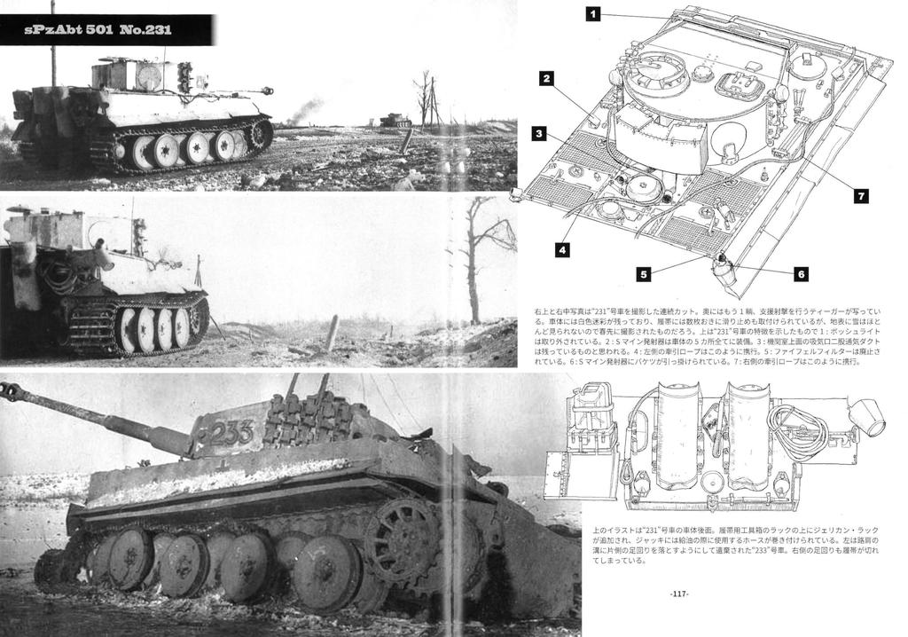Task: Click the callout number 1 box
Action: pos(593,13)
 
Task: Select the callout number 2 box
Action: pos(547,78)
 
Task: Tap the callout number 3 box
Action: pos(538,134)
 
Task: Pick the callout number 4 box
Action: pos(561,250)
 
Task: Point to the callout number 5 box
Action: pos(643,274)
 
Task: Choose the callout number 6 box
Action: pos(801,274)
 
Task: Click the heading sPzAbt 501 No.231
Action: pos(99,30)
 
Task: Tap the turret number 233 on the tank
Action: pos(232,433)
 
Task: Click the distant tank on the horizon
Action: pos(395,120)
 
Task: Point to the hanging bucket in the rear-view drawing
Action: pos(866,415)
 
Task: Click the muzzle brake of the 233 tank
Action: pos(12,391)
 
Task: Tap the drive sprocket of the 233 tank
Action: pos(401,539)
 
